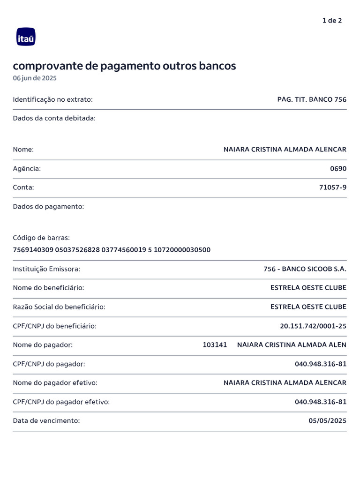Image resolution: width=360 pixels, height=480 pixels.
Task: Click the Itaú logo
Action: (x=26, y=37)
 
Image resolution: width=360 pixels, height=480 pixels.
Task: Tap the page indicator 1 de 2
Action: (x=332, y=21)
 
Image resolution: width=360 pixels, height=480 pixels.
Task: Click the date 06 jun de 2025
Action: (x=35, y=78)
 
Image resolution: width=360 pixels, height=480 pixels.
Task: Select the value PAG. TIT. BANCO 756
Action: (x=312, y=99)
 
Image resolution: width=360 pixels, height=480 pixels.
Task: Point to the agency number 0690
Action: (x=338, y=169)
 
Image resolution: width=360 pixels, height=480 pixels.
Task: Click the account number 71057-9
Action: (x=333, y=187)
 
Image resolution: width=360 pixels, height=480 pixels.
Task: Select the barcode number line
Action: (x=112, y=250)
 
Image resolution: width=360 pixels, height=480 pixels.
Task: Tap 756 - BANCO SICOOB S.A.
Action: (x=305, y=269)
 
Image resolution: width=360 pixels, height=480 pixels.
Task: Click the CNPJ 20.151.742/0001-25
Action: (x=313, y=326)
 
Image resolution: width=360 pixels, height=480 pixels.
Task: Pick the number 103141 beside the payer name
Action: (x=215, y=345)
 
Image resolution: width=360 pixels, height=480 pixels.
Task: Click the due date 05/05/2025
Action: (x=327, y=421)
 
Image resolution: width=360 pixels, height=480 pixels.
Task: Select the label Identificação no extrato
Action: (x=53, y=99)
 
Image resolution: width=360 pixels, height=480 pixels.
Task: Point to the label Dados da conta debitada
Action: (x=54, y=118)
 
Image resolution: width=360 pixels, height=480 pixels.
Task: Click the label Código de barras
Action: (x=41, y=238)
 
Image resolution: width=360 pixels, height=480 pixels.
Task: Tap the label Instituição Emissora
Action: (x=46, y=269)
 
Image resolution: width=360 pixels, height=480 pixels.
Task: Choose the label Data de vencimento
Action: (x=46, y=421)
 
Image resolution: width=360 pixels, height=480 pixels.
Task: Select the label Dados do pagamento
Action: (x=48, y=206)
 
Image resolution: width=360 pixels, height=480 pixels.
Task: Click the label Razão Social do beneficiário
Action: (x=59, y=307)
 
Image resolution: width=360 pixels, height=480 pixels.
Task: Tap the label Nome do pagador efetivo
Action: (x=55, y=383)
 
